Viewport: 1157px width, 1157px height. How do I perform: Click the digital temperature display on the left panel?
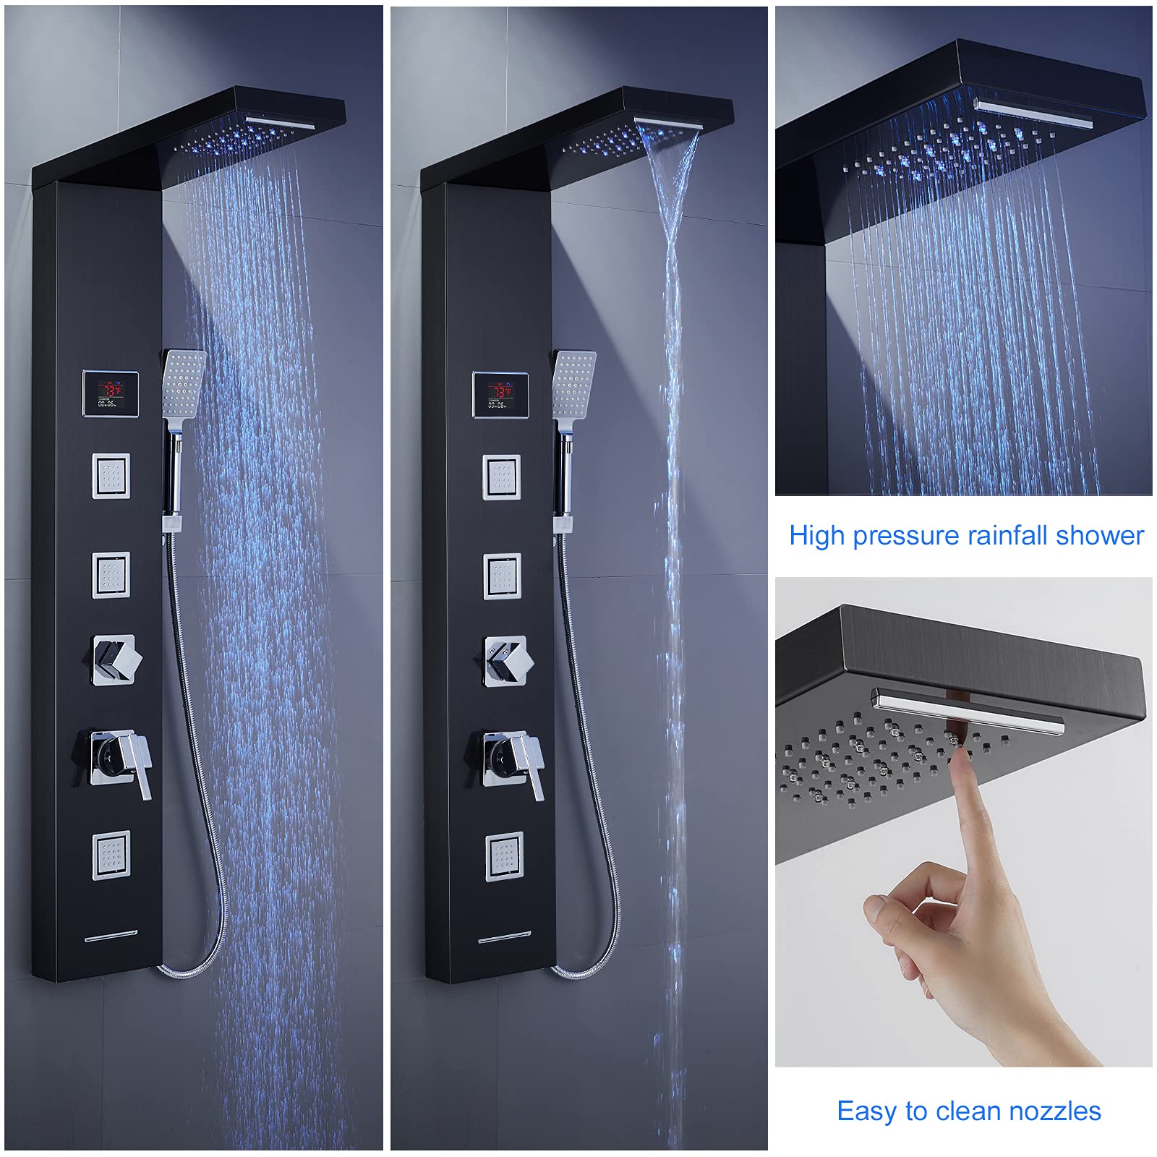[111, 393]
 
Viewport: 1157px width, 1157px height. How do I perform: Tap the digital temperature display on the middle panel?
[500, 395]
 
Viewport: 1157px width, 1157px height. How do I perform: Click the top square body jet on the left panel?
[111, 476]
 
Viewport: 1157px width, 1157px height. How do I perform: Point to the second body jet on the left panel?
[111, 575]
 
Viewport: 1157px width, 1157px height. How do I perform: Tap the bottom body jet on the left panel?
[111, 855]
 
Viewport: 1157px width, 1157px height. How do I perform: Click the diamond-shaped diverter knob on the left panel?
[116, 659]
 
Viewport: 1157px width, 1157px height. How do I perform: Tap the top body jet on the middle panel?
[502, 477]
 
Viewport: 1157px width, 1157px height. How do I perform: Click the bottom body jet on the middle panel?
[503, 857]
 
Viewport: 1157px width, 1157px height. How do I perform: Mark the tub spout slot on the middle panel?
[504, 939]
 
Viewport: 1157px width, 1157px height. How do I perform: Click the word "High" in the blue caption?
[817, 537]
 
